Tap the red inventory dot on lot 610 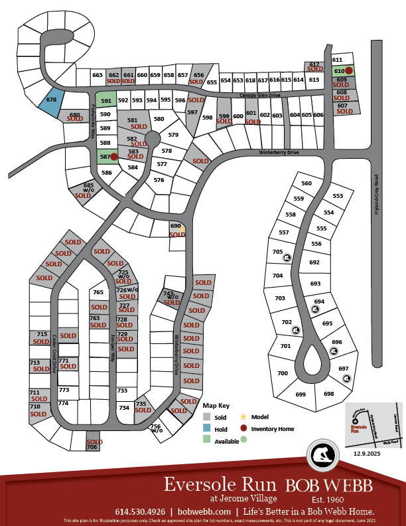(x=348, y=70)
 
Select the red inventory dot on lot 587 (x=113, y=157)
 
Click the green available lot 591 (x=105, y=101)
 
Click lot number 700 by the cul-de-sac (x=283, y=374)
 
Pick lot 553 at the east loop (x=338, y=196)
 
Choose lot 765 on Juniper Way (x=99, y=292)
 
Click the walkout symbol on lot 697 (x=346, y=379)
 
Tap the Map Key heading (x=215, y=405)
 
